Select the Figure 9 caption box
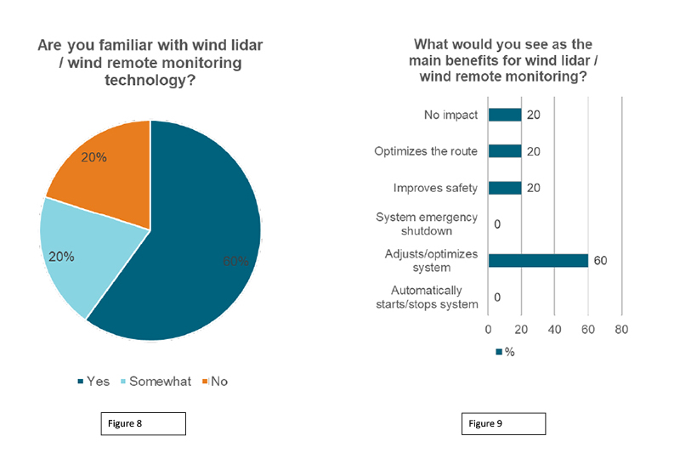[504, 424]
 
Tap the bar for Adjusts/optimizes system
[538, 260]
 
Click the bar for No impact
[504, 115]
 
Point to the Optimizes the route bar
[504, 151]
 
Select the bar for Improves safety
[504, 188]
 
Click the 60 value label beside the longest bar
[599, 260]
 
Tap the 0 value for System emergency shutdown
[497, 224]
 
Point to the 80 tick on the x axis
[621, 329]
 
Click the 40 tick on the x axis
[554, 329]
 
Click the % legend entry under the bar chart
[505, 351]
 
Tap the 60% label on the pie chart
[235, 261]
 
